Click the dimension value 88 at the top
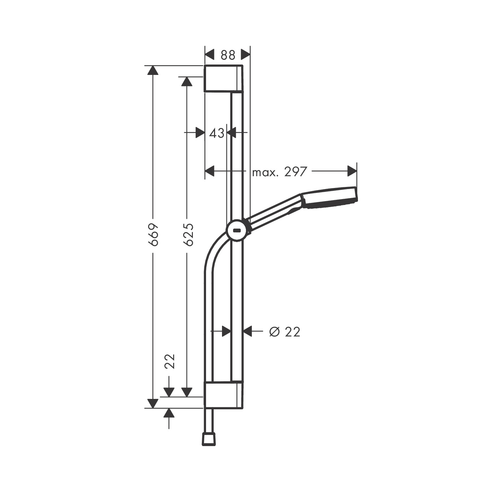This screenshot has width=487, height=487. [228, 55]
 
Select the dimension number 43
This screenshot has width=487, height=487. [217, 133]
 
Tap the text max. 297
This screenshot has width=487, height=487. [280, 171]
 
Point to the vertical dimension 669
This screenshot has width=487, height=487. [153, 234]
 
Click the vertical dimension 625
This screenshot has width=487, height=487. [188, 234]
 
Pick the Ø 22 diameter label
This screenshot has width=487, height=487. [284, 332]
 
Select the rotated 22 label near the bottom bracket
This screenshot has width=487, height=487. [169, 361]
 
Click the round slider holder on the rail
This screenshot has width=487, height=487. [238, 230]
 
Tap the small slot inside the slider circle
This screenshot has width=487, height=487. [237, 230]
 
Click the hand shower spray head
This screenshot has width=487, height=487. [330, 198]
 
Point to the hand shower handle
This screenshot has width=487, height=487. [274, 212]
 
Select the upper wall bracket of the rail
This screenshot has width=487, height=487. [223, 78]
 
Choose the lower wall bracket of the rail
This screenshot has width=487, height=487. [223, 395]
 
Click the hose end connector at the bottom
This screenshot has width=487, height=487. [210, 438]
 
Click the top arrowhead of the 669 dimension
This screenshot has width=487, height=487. [153, 70]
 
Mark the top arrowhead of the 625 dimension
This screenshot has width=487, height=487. [187, 82]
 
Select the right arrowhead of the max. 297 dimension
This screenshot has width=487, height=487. [352, 171]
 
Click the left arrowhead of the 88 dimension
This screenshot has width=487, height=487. [210, 54]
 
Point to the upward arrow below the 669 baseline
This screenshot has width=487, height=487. [169, 413]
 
